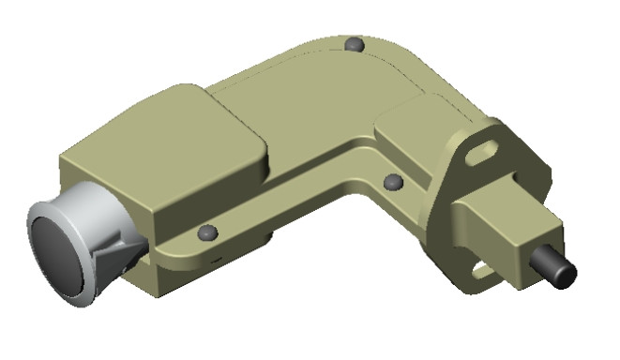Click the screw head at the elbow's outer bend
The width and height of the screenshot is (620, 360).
point(355,44)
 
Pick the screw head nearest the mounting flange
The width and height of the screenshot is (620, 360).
point(394,181)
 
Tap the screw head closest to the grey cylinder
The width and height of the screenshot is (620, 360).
point(209,232)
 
